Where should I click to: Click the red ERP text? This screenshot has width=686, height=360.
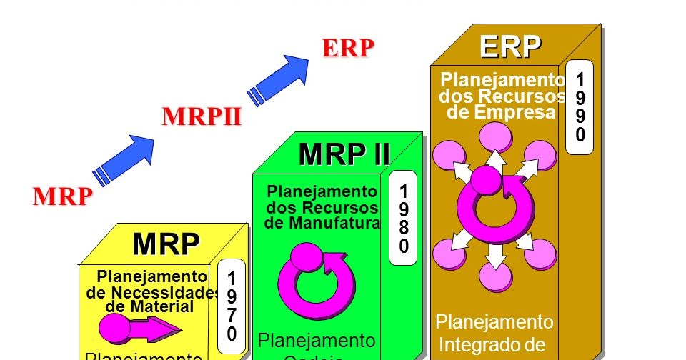point(348,48)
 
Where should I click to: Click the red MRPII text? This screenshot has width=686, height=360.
point(202,116)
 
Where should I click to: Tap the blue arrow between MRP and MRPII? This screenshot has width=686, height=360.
point(124,159)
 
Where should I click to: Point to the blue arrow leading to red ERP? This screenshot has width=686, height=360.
point(278,79)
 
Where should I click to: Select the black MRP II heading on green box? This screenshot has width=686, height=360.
point(344,154)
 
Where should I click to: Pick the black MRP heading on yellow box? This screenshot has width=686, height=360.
point(166,244)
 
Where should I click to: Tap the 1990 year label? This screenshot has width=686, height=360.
point(580,106)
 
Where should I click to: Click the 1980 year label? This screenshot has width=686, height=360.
point(404,219)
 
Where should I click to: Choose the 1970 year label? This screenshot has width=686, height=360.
point(232,306)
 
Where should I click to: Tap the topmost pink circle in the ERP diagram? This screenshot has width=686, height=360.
point(493,136)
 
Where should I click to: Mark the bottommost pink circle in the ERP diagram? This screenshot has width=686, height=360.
point(493,276)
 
